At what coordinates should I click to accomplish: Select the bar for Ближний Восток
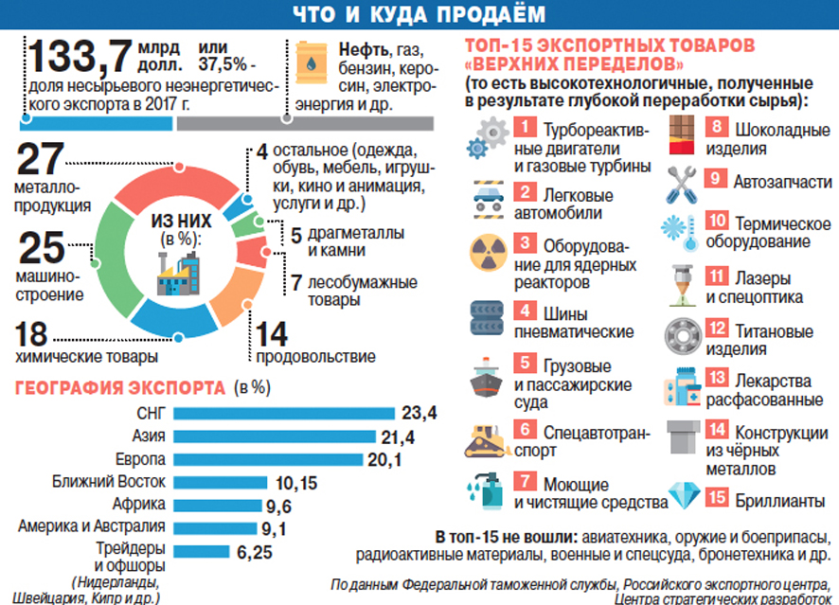pos(232,482)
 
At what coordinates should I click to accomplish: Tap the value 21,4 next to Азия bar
pos(419,436)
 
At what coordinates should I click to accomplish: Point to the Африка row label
pos(139,504)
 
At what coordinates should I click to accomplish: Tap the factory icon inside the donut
pos(178,276)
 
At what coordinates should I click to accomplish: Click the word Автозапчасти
pos(782,181)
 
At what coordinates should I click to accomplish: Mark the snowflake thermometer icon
pos(684,230)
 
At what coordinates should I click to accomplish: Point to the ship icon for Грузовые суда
pos(488,377)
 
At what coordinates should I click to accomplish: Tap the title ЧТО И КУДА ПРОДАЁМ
pos(419,13)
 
